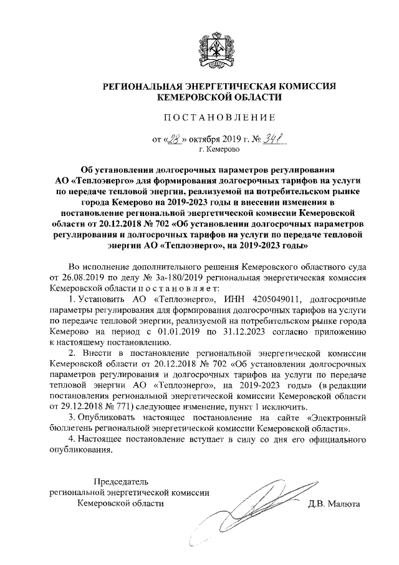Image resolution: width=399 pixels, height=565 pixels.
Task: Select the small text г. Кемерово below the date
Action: coord(219,150)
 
